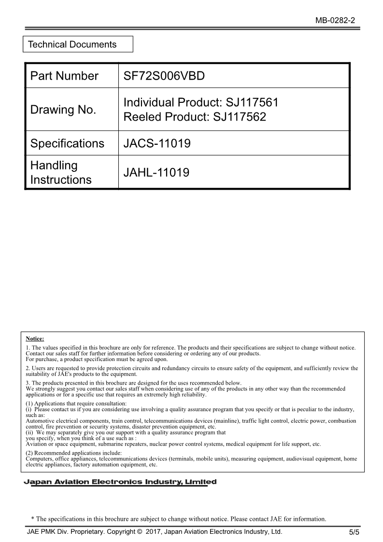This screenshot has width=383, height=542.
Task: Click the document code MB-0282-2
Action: (335, 20)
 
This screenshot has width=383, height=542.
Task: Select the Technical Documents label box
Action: (78, 44)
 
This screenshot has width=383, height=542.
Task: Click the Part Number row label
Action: (64, 76)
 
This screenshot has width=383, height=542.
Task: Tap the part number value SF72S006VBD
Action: (164, 76)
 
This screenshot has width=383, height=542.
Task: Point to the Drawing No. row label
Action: (63, 110)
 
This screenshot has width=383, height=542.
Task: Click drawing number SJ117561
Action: (252, 102)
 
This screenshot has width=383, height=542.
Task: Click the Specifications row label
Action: (67, 143)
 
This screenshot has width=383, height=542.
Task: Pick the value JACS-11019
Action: (157, 143)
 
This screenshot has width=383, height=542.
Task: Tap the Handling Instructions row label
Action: (61, 172)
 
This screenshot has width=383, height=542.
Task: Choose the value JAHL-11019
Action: (156, 172)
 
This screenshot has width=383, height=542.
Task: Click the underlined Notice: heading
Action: (35, 339)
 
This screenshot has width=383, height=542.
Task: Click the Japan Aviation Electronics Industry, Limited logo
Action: (120, 482)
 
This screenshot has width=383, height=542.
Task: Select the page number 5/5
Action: (355, 532)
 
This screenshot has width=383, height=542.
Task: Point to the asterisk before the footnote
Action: (32, 519)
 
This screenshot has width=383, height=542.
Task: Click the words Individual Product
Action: (172, 102)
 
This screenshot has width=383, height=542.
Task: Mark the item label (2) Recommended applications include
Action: (74, 453)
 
